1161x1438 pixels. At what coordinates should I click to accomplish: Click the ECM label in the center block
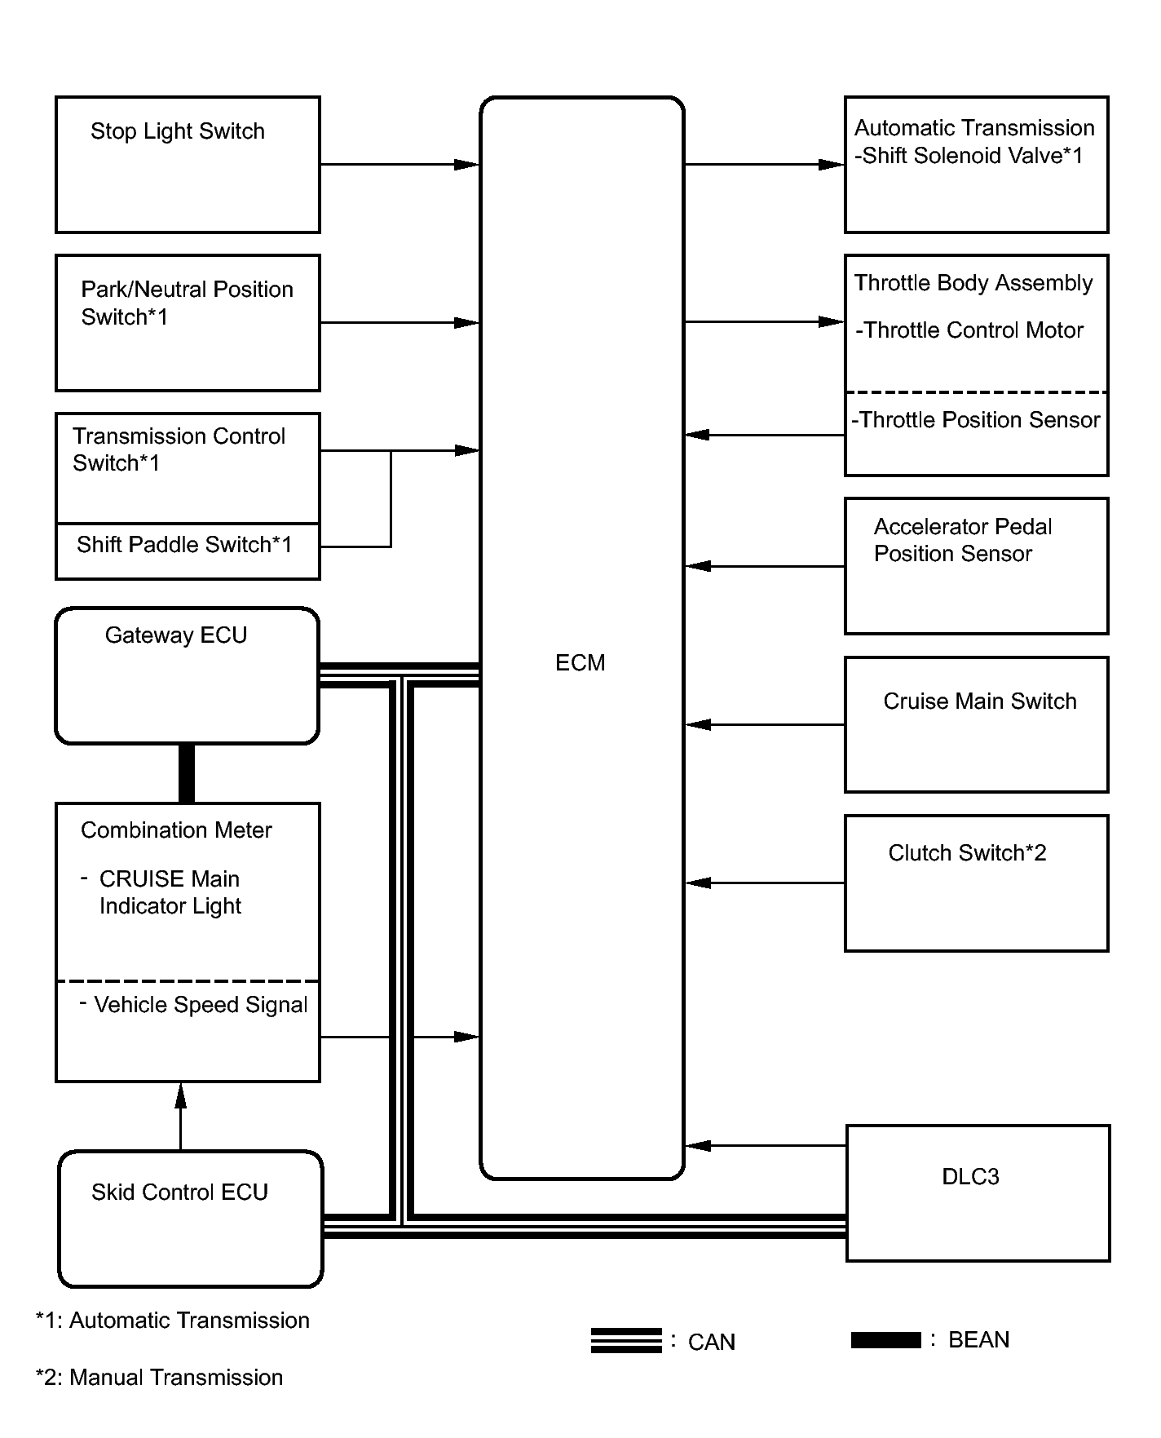tap(580, 662)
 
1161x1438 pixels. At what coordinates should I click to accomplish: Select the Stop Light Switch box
tap(188, 165)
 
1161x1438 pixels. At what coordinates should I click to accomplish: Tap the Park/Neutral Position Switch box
tap(188, 323)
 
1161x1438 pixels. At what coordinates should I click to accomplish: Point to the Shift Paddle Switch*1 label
tap(184, 545)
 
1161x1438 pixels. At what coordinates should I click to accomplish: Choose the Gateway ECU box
tap(187, 675)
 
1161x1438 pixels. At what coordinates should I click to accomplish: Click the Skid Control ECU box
tap(190, 1219)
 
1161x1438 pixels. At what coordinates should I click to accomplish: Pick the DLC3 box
tap(978, 1192)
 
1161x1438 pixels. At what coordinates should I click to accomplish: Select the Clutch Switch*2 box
tap(976, 883)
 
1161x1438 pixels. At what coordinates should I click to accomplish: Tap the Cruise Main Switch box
tap(976, 724)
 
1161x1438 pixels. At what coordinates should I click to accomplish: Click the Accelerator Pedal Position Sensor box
tap(976, 566)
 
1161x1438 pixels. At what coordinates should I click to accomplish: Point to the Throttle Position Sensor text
tap(976, 420)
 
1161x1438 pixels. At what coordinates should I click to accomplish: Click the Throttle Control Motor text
tap(969, 330)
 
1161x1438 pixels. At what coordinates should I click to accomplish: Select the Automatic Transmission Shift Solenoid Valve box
tap(976, 165)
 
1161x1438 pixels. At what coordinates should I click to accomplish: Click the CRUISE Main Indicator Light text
tap(170, 892)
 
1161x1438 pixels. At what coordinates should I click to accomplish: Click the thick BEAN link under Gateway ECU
tap(187, 773)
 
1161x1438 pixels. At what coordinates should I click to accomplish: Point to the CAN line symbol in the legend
tap(626, 1341)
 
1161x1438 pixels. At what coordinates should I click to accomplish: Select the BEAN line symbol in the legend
tap(885, 1339)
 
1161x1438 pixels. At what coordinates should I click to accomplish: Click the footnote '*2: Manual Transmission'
tap(160, 1378)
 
